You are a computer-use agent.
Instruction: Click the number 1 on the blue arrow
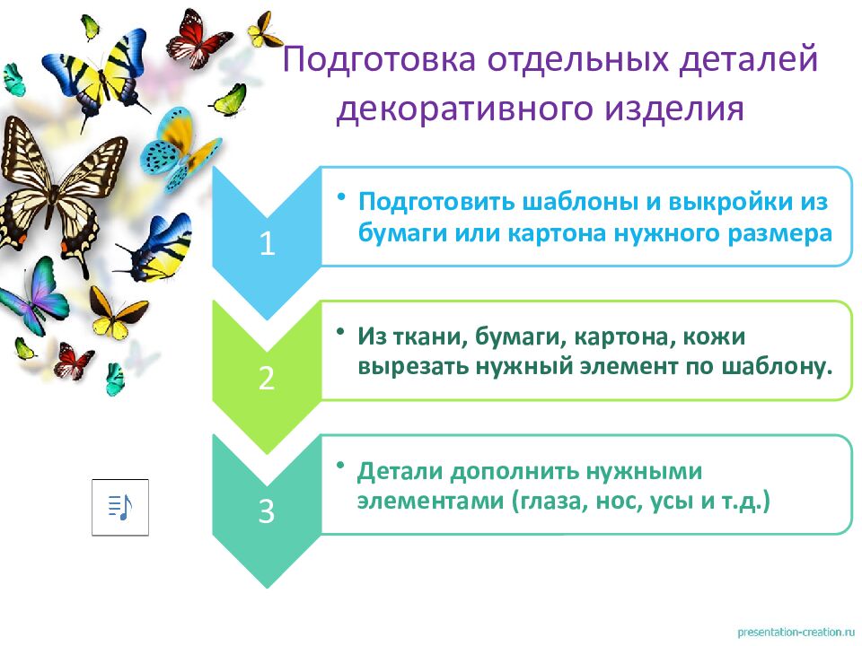tap(266, 244)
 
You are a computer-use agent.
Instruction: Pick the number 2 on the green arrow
tap(266, 378)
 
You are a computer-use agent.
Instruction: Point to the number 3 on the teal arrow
tap(266, 511)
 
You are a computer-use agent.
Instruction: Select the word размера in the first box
tap(782, 232)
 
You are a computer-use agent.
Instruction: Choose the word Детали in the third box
tap(400, 470)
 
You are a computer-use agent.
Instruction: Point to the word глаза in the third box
tap(550, 502)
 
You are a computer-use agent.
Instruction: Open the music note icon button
tap(120, 507)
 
